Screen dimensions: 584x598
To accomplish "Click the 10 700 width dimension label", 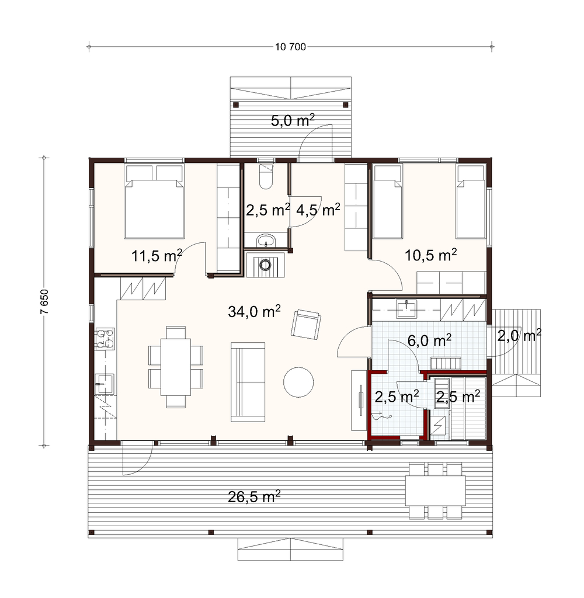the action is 291,47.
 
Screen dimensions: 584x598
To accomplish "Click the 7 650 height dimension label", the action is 44,302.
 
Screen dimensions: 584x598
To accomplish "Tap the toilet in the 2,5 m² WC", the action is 266,176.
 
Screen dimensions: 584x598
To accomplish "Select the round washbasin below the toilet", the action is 266,241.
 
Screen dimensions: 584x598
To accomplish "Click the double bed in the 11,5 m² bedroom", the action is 155,201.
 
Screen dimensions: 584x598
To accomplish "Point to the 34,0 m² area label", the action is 255,311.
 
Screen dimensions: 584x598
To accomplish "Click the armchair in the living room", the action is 305,324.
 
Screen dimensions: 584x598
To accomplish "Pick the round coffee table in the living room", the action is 298,382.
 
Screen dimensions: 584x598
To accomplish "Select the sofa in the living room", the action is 248,382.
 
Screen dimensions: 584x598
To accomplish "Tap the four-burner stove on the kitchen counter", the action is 105,339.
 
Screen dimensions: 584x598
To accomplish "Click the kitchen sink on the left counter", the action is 104,384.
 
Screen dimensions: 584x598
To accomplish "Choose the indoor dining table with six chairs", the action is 176,367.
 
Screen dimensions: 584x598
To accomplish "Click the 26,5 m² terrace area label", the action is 255,496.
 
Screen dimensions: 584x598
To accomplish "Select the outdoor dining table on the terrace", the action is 435,491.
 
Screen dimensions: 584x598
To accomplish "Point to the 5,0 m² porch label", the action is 293,120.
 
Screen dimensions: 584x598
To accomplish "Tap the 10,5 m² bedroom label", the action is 430,255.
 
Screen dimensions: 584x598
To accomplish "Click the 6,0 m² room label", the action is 429,340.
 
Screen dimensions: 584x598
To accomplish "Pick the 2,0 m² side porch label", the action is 519,336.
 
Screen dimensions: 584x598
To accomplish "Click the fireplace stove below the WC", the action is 265,264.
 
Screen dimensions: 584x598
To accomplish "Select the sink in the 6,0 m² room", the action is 406,308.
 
